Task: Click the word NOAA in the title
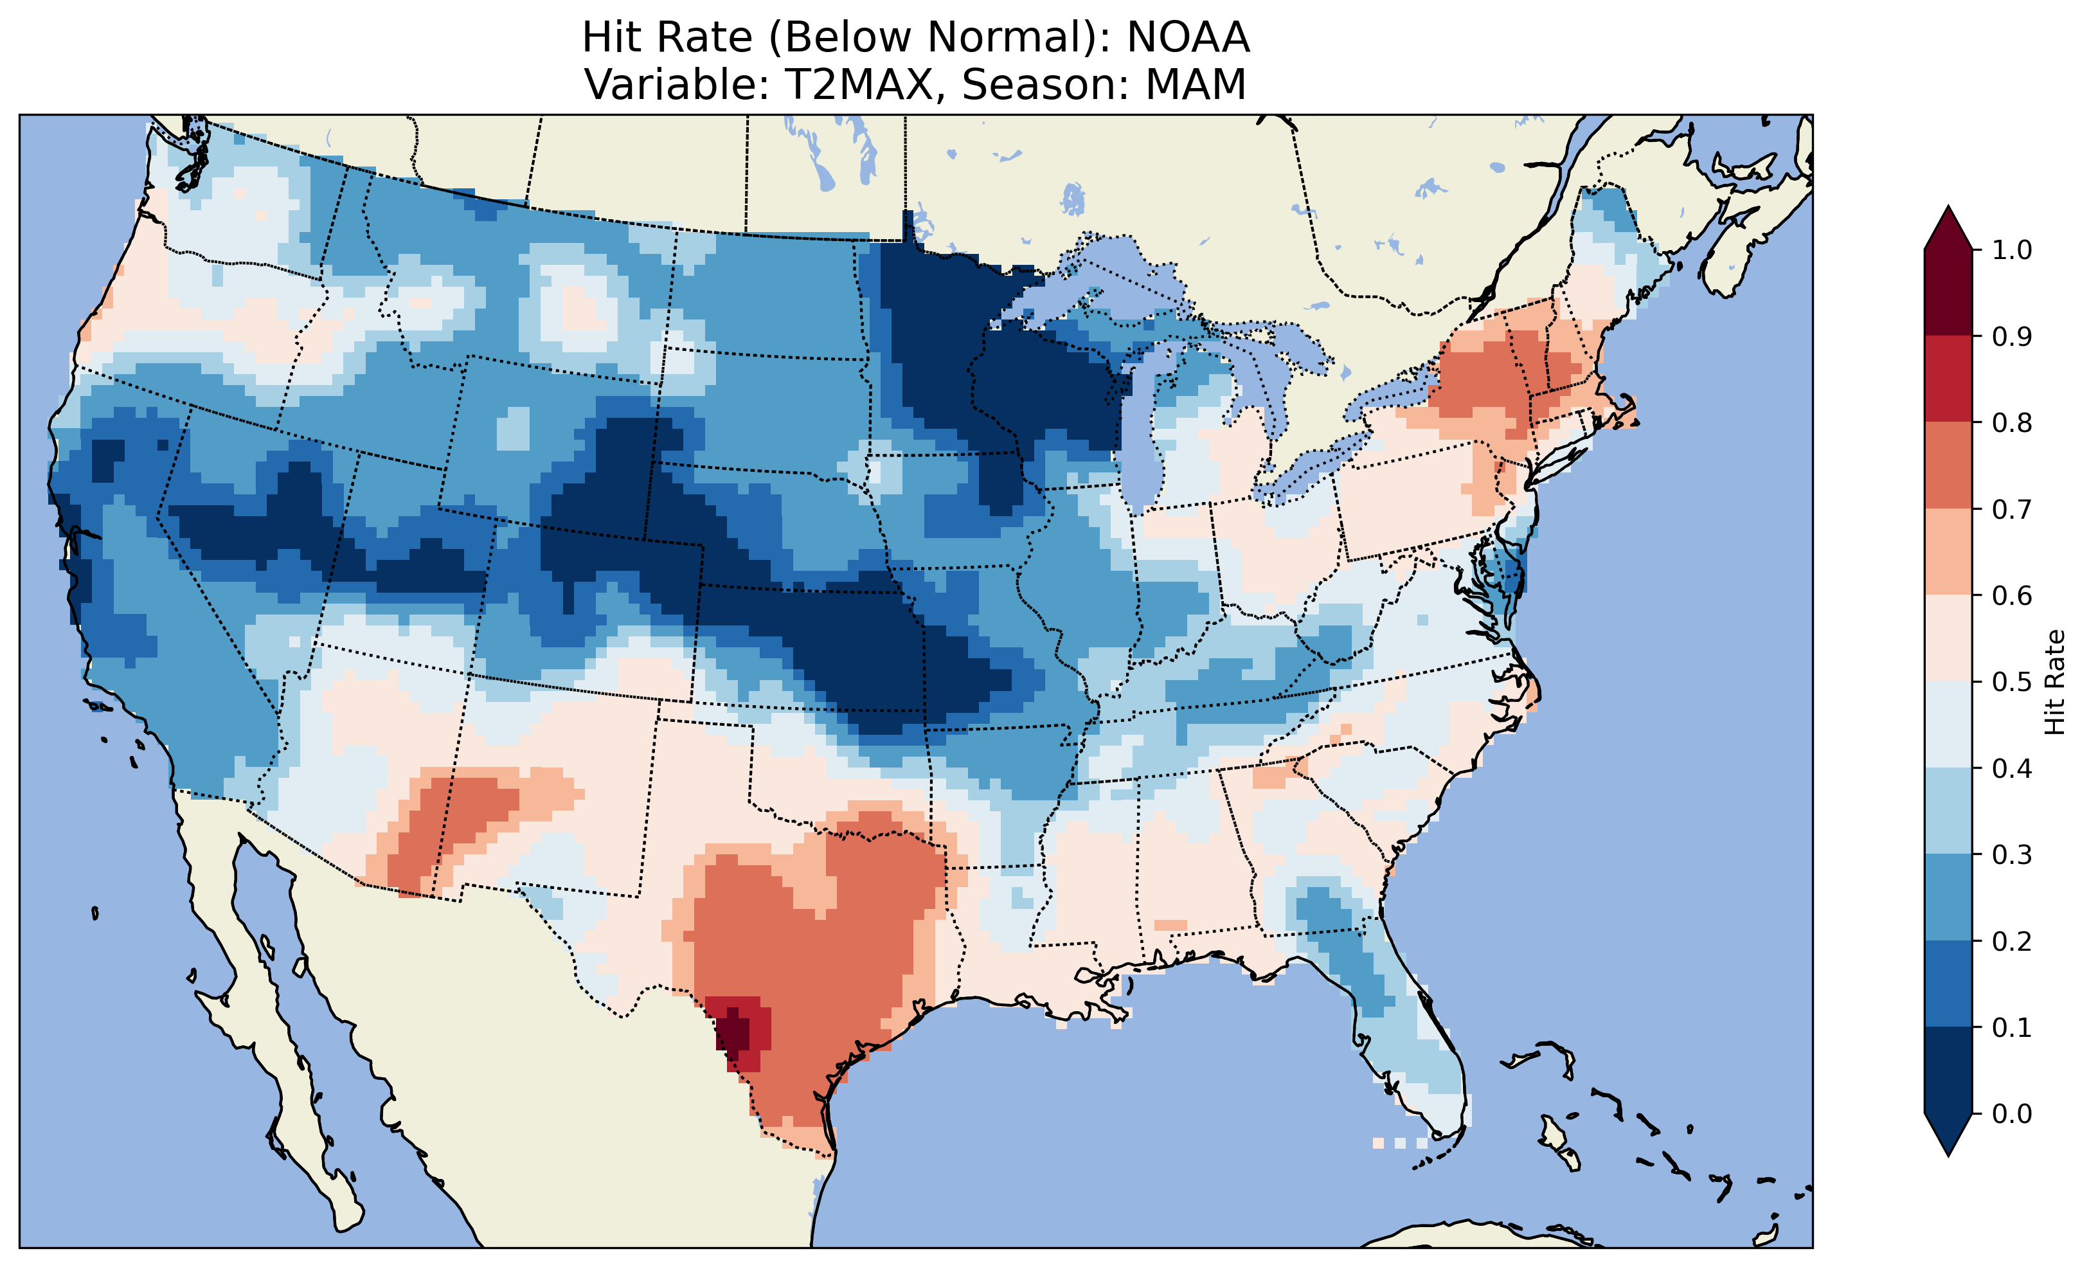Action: coord(1188,37)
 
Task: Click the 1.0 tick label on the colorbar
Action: coord(2012,250)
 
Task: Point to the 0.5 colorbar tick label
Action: coord(2012,682)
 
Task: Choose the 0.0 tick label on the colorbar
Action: coord(2012,1113)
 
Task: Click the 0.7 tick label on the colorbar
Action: coord(2012,510)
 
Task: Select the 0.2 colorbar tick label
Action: coord(2012,941)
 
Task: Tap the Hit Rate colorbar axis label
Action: coord(2054,682)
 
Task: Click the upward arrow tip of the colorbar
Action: coord(1948,210)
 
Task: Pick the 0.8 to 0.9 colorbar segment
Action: coord(1948,379)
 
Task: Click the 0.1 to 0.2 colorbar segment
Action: coord(1948,984)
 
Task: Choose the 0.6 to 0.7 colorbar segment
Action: coord(1948,552)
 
